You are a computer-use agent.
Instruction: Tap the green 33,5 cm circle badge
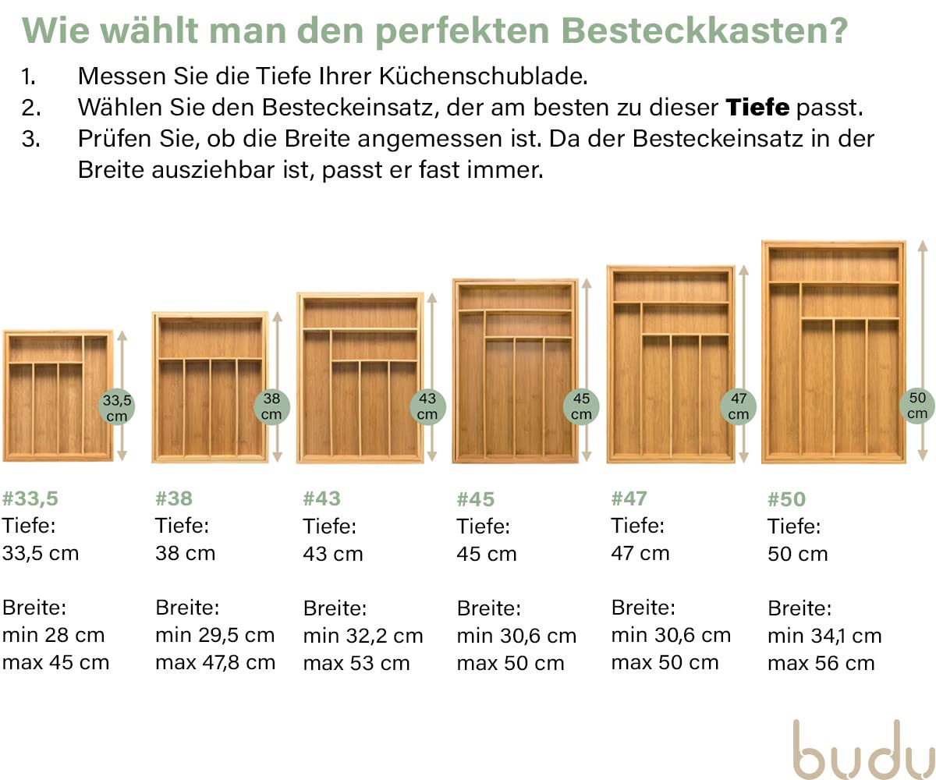pyautogui.click(x=117, y=406)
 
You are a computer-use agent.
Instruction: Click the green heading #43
pyautogui.click(x=321, y=498)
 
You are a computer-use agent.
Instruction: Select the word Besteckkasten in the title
pyautogui.click(x=704, y=31)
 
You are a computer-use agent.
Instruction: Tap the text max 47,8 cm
pyautogui.click(x=215, y=663)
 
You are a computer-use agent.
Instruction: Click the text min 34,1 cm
pyautogui.click(x=824, y=636)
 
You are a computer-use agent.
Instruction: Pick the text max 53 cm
pyautogui.click(x=356, y=663)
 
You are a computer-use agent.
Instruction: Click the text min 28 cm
pyautogui.click(x=53, y=635)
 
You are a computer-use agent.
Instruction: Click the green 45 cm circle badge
pyautogui.click(x=581, y=406)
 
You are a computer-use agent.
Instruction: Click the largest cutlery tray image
pyautogui.click(x=833, y=352)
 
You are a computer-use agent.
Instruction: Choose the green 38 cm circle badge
pyautogui.click(x=271, y=406)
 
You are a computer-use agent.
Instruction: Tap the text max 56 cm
pyautogui.click(x=821, y=664)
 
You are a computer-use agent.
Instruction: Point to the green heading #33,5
pyautogui.click(x=30, y=498)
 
